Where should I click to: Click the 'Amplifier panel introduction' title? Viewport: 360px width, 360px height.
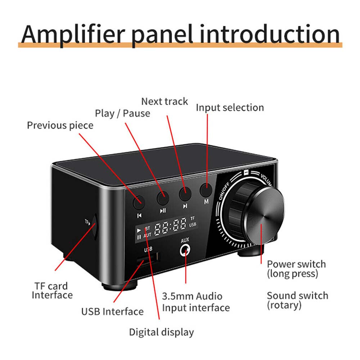click(180, 35)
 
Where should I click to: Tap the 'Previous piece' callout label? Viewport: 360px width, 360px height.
click(60, 126)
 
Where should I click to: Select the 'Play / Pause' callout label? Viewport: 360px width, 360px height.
click(123, 113)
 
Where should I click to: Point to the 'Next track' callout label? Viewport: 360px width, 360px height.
click(165, 102)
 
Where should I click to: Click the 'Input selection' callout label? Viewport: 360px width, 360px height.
click(230, 108)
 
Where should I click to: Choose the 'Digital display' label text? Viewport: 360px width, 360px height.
click(161, 332)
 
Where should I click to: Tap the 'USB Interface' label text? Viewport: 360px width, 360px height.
click(112, 312)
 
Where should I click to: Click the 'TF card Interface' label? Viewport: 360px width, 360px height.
click(52, 291)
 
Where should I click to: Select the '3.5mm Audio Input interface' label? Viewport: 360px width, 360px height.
click(196, 302)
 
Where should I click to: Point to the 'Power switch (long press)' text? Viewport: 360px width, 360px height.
click(296, 269)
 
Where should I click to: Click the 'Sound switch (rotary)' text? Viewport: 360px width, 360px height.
click(298, 301)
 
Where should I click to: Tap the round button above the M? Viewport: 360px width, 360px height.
click(206, 190)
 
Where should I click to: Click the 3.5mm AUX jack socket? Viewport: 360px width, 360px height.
click(185, 250)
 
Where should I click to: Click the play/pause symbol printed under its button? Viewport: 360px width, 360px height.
click(163, 210)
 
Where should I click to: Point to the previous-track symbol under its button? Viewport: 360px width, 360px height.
click(139, 216)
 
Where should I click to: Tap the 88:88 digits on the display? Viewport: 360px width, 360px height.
click(170, 226)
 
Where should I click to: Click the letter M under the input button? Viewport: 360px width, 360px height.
click(206, 202)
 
